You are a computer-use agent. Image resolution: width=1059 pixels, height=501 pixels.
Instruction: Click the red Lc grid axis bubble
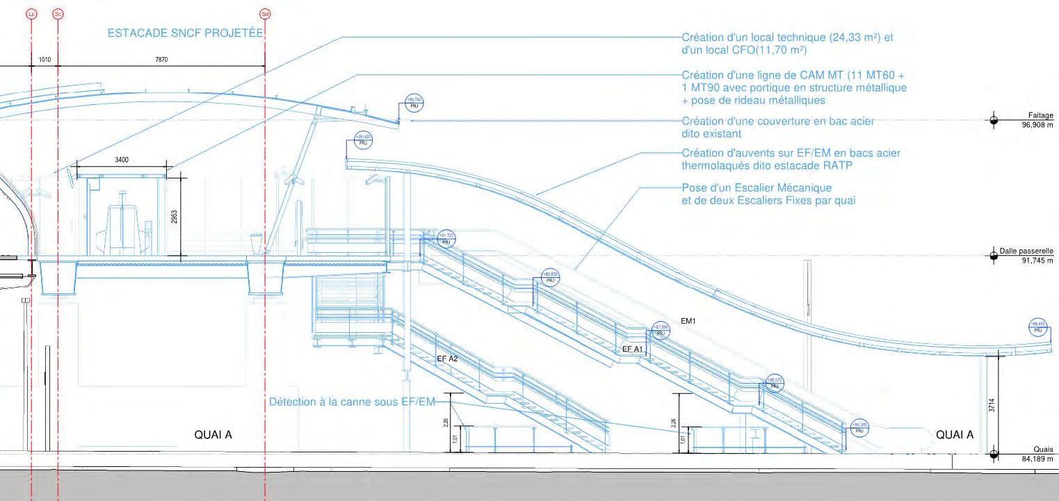pos(31,14)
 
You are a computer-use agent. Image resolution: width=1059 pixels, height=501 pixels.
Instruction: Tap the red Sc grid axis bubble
pos(58,14)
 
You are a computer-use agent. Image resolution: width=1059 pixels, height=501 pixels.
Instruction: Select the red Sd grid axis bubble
pos(264,14)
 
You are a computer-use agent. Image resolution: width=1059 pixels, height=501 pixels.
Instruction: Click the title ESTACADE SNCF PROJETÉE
pos(186,33)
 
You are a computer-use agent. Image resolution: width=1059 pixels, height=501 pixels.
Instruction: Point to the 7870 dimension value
pos(161,60)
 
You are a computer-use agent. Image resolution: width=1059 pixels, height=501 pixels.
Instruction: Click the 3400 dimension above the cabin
pos(122,161)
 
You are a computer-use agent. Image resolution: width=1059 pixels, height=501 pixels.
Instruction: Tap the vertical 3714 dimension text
pos(991,405)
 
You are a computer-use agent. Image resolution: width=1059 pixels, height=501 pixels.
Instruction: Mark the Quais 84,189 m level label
pos(1037,454)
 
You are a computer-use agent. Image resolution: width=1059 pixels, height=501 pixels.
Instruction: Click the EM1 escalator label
pos(688,321)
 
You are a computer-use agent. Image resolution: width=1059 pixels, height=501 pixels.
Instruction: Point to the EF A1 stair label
pos(632,349)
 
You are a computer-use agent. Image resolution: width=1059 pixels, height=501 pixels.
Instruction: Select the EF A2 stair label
pos(447,359)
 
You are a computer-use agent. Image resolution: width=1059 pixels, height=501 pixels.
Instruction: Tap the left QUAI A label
pos(213,435)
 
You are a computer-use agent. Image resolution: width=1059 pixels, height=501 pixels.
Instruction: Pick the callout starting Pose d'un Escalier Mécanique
pos(768,195)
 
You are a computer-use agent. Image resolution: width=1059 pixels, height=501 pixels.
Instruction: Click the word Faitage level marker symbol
pos(994,120)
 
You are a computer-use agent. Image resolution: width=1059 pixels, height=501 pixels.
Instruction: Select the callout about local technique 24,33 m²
pos(786,43)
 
